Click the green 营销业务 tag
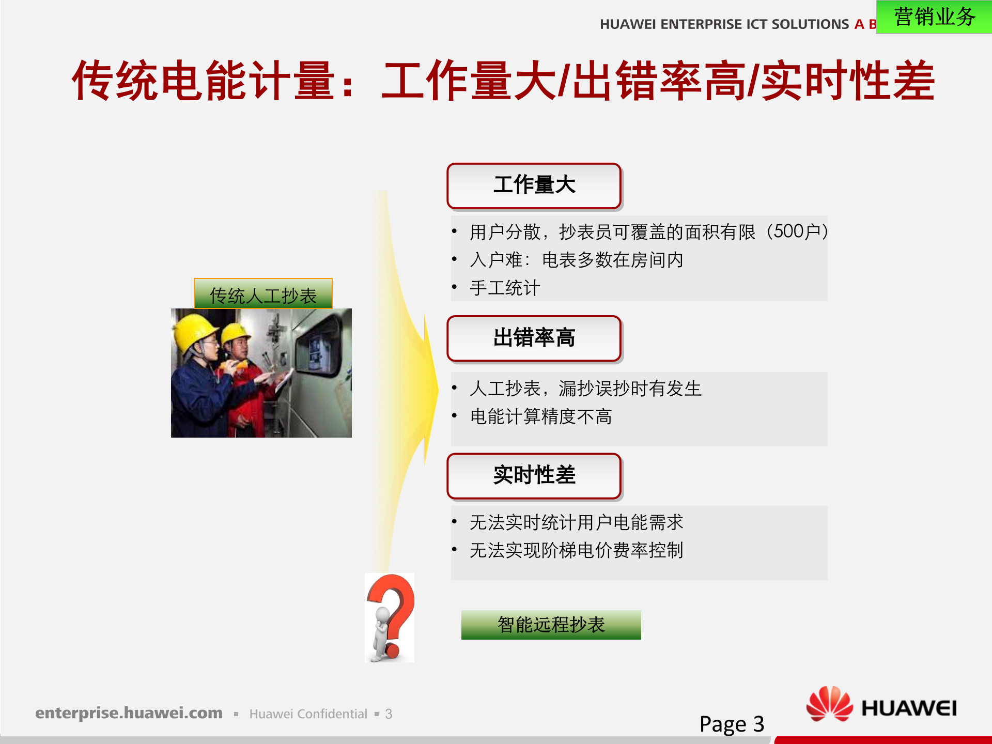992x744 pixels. [934, 17]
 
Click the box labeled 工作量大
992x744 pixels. [534, 185]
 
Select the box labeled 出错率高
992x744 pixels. [534, 338]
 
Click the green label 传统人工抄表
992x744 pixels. [263, 295]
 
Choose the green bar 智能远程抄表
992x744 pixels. [551, 625]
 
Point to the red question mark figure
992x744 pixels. [390, 617]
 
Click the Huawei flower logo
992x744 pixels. [829, 704]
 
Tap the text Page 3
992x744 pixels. [731, 724]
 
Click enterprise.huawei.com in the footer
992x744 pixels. [129, 713]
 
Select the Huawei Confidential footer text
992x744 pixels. [308, 714]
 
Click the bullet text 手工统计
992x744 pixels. [505, 288]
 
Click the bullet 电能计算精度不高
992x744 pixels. [540, 416]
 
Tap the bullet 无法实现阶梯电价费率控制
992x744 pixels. [576, 550]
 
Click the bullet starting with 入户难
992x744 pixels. [576, 260]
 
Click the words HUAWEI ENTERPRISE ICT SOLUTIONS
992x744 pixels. [724, 24]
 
